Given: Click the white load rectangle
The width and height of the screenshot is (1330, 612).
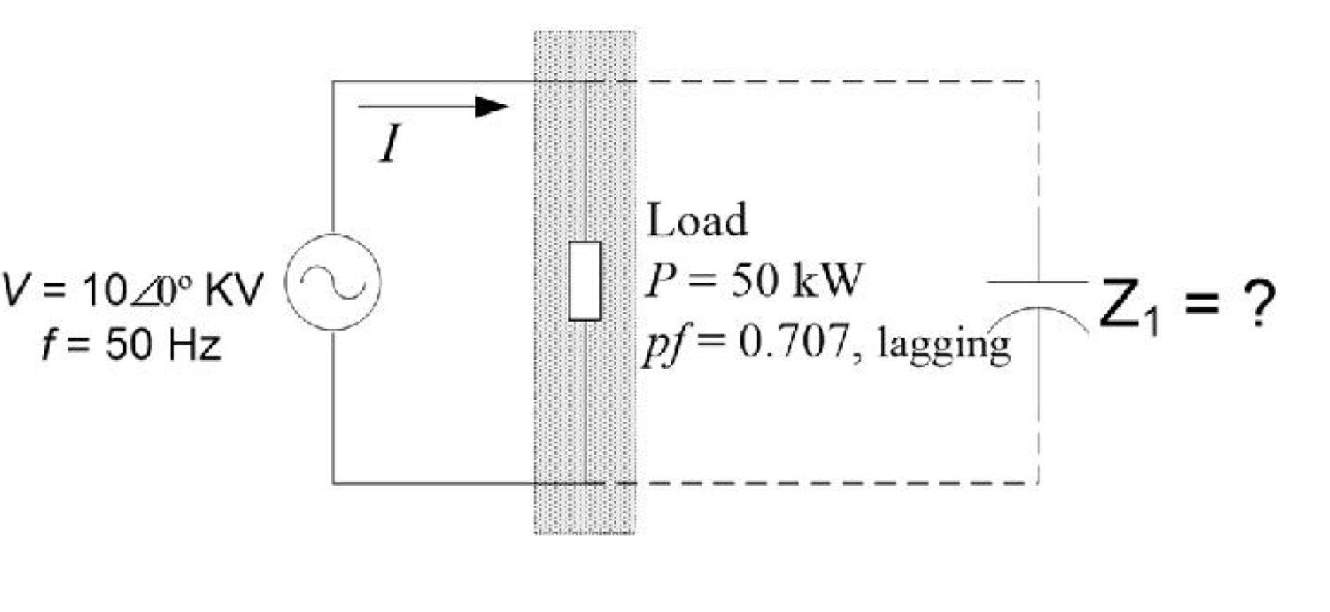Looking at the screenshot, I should click(x=585, y=281).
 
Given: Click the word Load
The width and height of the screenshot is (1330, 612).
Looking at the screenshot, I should click(x=697, y=220).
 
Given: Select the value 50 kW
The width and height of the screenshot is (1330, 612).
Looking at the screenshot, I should click(x=795, y=280).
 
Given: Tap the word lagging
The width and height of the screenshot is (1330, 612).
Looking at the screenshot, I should click(x=943, y=345).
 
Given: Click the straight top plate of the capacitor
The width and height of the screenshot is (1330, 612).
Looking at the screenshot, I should click(x=1037, y=282).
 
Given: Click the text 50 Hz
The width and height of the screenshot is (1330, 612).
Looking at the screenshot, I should click(x=164, y=345).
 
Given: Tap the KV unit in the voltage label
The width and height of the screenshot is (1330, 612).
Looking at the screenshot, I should click(x=234, y=289).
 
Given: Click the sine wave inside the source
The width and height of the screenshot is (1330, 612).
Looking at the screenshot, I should click(x=333, y=282).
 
